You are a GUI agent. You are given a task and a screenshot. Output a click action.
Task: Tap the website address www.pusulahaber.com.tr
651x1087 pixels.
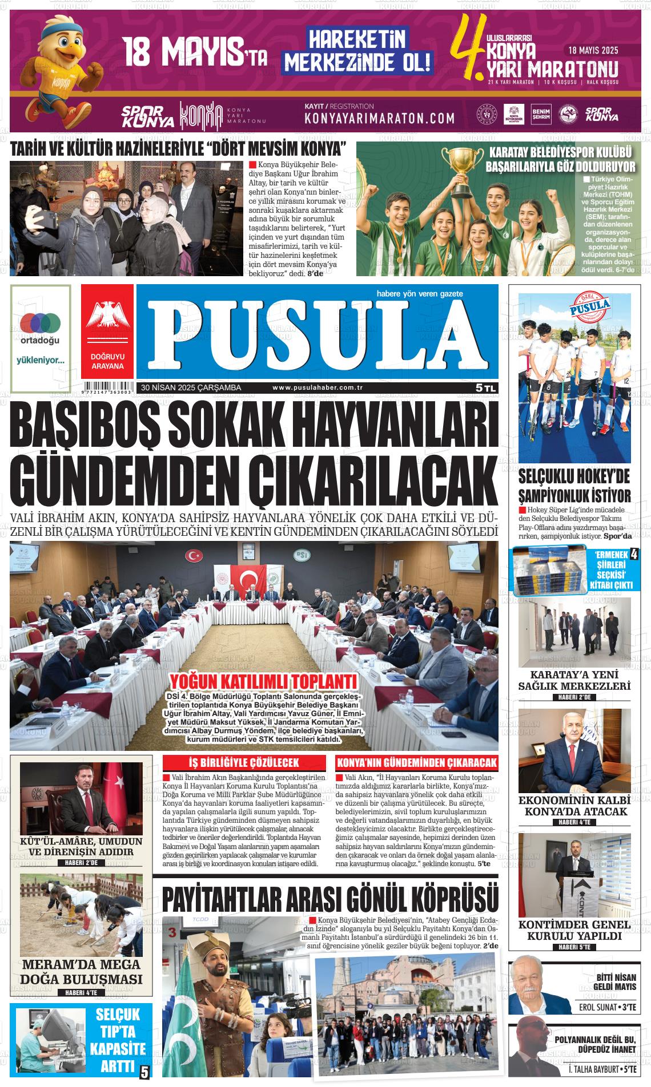pos(318,388)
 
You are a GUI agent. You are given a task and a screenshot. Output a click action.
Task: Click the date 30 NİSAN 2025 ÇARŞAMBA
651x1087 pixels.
pos(191,388)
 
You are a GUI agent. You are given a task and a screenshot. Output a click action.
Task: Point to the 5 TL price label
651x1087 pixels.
pos(486,388)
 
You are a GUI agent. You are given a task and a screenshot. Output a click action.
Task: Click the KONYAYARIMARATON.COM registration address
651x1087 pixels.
pos(380,118)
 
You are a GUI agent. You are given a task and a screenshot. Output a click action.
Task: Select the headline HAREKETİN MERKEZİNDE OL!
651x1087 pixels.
pos(358,50)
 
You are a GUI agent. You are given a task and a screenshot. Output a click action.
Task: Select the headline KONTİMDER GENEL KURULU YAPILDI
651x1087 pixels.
pos(574,930)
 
